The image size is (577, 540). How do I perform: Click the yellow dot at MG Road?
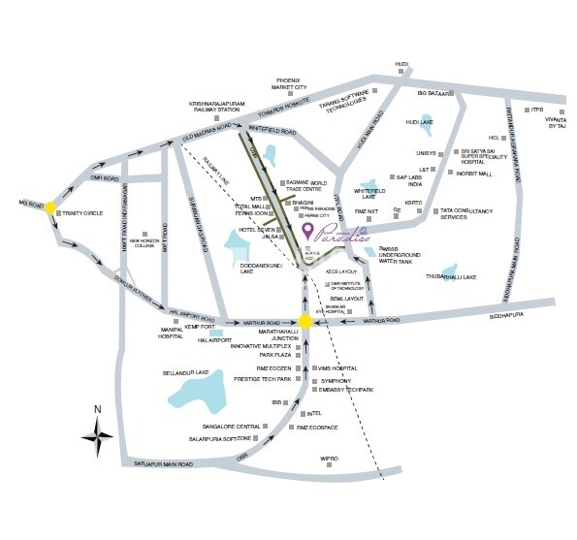tap(50, 206)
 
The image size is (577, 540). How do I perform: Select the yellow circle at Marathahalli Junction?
tap(305, 323)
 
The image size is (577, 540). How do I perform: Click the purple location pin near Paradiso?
tap(308, 231)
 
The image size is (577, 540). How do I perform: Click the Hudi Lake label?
tap(418, 122)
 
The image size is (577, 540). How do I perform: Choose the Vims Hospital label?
tap(336, 369)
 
